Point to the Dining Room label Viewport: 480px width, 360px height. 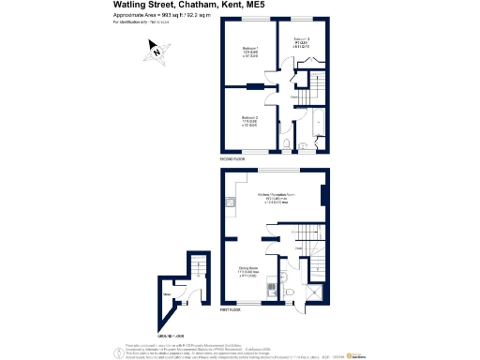pyautogui.click(x=247, y=270)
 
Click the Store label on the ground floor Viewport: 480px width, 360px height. pyautogui.click(x=168, y=297)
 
